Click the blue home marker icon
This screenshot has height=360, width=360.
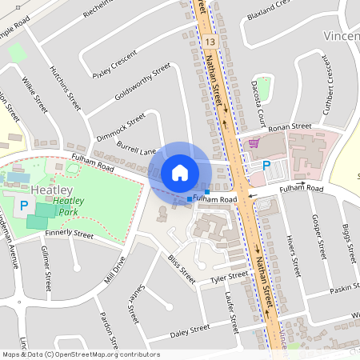pos(180,173)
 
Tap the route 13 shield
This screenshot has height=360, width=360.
pos(210,40)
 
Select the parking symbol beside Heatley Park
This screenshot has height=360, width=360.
pos(24,206)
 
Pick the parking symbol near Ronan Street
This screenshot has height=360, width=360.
pos(266,165)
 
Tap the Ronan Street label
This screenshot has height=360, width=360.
pos(290,126)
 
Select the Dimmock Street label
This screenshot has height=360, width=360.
pos(122,126)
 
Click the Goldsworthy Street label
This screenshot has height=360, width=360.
pos(143,82)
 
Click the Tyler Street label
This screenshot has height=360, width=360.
pos(229,276)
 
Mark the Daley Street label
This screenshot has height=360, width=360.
pos(190,328)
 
